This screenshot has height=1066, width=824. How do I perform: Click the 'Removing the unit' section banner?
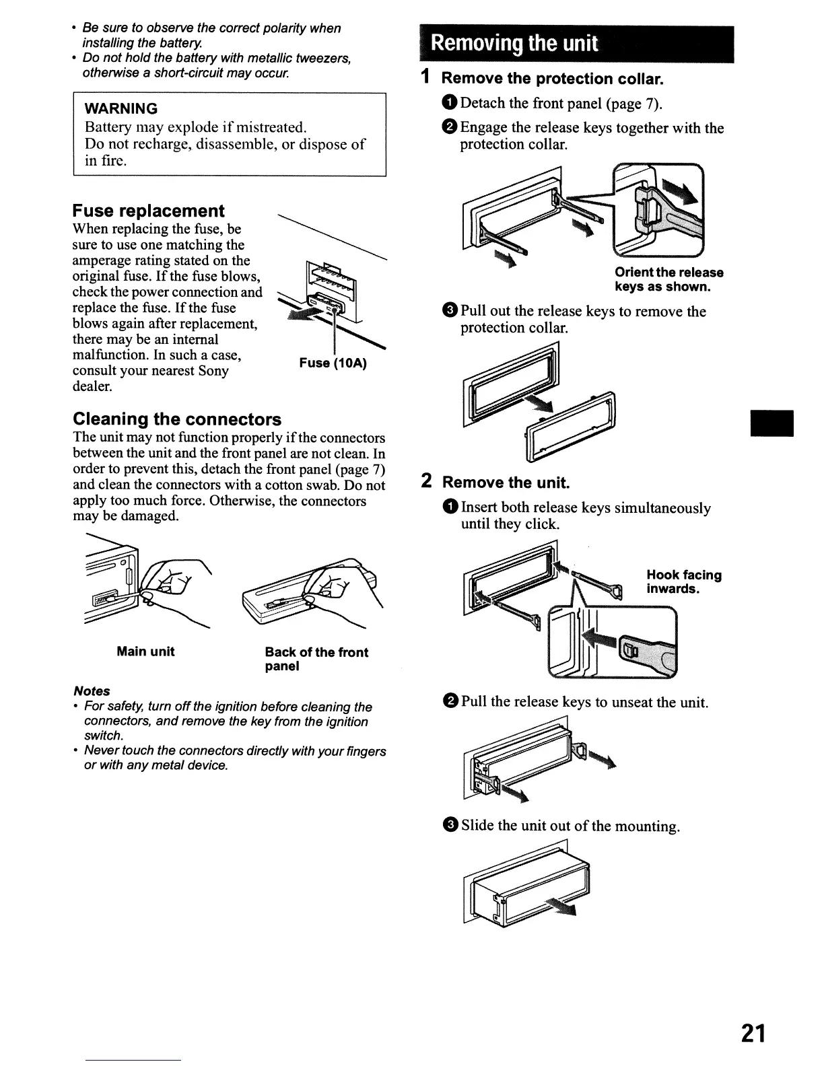[576, 44]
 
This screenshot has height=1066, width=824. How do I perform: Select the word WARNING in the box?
[121, 108]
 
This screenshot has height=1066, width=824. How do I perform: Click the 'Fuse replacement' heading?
[148, 211]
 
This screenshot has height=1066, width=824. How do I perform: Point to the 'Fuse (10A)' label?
[333, 363]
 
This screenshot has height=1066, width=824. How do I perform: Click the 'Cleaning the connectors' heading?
[177, 419]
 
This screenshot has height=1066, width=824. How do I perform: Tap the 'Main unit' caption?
[145, 651]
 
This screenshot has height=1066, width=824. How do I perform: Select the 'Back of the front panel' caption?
[316, 659]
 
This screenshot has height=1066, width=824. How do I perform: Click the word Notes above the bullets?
[92, 691]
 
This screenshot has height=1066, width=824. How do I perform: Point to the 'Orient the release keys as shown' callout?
[668, 279]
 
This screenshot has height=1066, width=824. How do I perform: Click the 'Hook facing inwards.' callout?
[683, 581]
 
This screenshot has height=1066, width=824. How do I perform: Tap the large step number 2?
[427, 481]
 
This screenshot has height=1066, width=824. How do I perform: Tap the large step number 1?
[425, 77]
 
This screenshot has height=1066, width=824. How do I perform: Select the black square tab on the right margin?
[772, 423]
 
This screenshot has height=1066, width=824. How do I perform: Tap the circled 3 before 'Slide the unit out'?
[451, 825]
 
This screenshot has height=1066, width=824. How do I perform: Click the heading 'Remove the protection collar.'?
[552, 78]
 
